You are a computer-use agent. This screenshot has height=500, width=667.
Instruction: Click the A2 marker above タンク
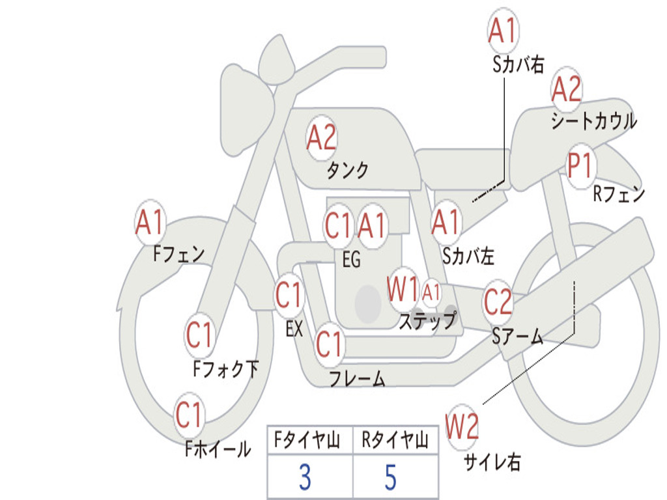point(322,138)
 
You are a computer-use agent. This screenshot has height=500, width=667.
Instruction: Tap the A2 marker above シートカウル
point(566,89)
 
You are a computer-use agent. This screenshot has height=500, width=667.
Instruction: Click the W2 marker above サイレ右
point(462,426)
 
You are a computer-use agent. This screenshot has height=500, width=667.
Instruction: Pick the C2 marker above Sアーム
point(498,301)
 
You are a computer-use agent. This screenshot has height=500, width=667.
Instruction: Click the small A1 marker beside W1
point(431,292)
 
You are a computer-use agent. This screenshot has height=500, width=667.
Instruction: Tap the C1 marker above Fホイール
point(188,415)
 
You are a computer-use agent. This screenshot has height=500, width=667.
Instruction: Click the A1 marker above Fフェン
point(150,222)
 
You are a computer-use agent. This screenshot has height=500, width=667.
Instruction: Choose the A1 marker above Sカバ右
point(504,30)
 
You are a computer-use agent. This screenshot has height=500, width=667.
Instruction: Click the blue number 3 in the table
point(305,477)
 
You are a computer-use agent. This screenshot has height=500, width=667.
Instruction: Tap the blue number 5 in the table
point(391,477)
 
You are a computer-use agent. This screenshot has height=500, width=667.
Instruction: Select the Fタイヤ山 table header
point(307,440)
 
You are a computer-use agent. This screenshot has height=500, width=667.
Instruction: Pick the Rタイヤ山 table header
point(395,440)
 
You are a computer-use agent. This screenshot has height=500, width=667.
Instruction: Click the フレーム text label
point(358,378)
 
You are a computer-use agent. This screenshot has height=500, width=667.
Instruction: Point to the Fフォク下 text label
point(226,368)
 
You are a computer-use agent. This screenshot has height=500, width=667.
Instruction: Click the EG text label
point(351,259)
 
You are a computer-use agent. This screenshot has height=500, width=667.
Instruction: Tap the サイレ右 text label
point(492,462)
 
